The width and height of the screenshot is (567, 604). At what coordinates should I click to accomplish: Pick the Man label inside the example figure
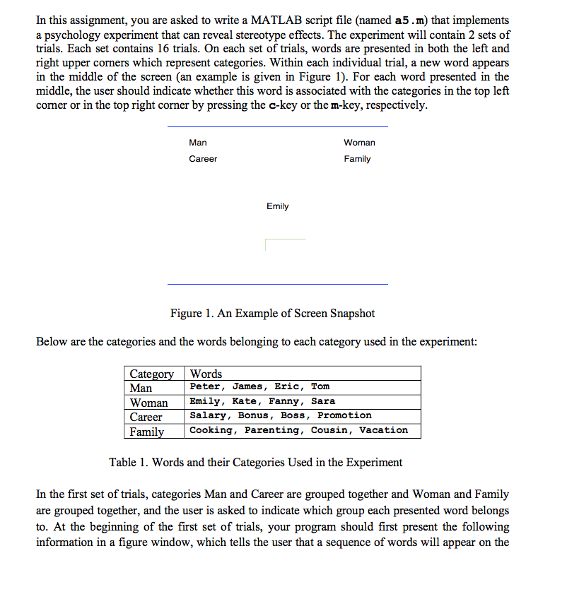[x=198, y=143]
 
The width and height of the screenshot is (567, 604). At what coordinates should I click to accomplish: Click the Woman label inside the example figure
[x=359, y=143]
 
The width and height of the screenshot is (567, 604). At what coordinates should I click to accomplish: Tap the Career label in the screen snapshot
[x=203, y=159]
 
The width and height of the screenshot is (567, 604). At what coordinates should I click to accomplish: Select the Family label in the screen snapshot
[x=357, y=159]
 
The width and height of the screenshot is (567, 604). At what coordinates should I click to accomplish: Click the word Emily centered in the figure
[x=277, y=206]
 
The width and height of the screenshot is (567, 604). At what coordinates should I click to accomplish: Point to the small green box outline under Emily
[x=284, y=244]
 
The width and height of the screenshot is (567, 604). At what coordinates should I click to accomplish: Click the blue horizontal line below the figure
[x=277, y=284]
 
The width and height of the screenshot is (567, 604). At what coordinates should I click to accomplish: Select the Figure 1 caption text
[x=272, y=314]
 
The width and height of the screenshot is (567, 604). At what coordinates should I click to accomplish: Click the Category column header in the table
[x=151, y=374]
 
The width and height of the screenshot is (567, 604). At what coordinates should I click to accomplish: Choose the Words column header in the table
[x=206, y=374]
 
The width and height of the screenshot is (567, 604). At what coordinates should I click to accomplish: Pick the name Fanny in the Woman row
[x=283, y=401]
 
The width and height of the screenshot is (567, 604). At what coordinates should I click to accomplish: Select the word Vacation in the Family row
[x=383, y=430]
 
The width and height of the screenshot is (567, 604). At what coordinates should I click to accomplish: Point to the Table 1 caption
[x=255, y=463]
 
